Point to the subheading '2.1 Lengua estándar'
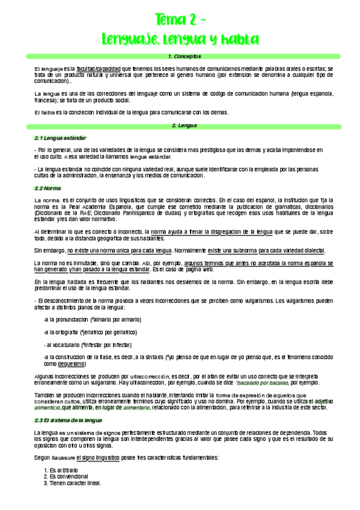56,138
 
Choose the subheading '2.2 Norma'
47,188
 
